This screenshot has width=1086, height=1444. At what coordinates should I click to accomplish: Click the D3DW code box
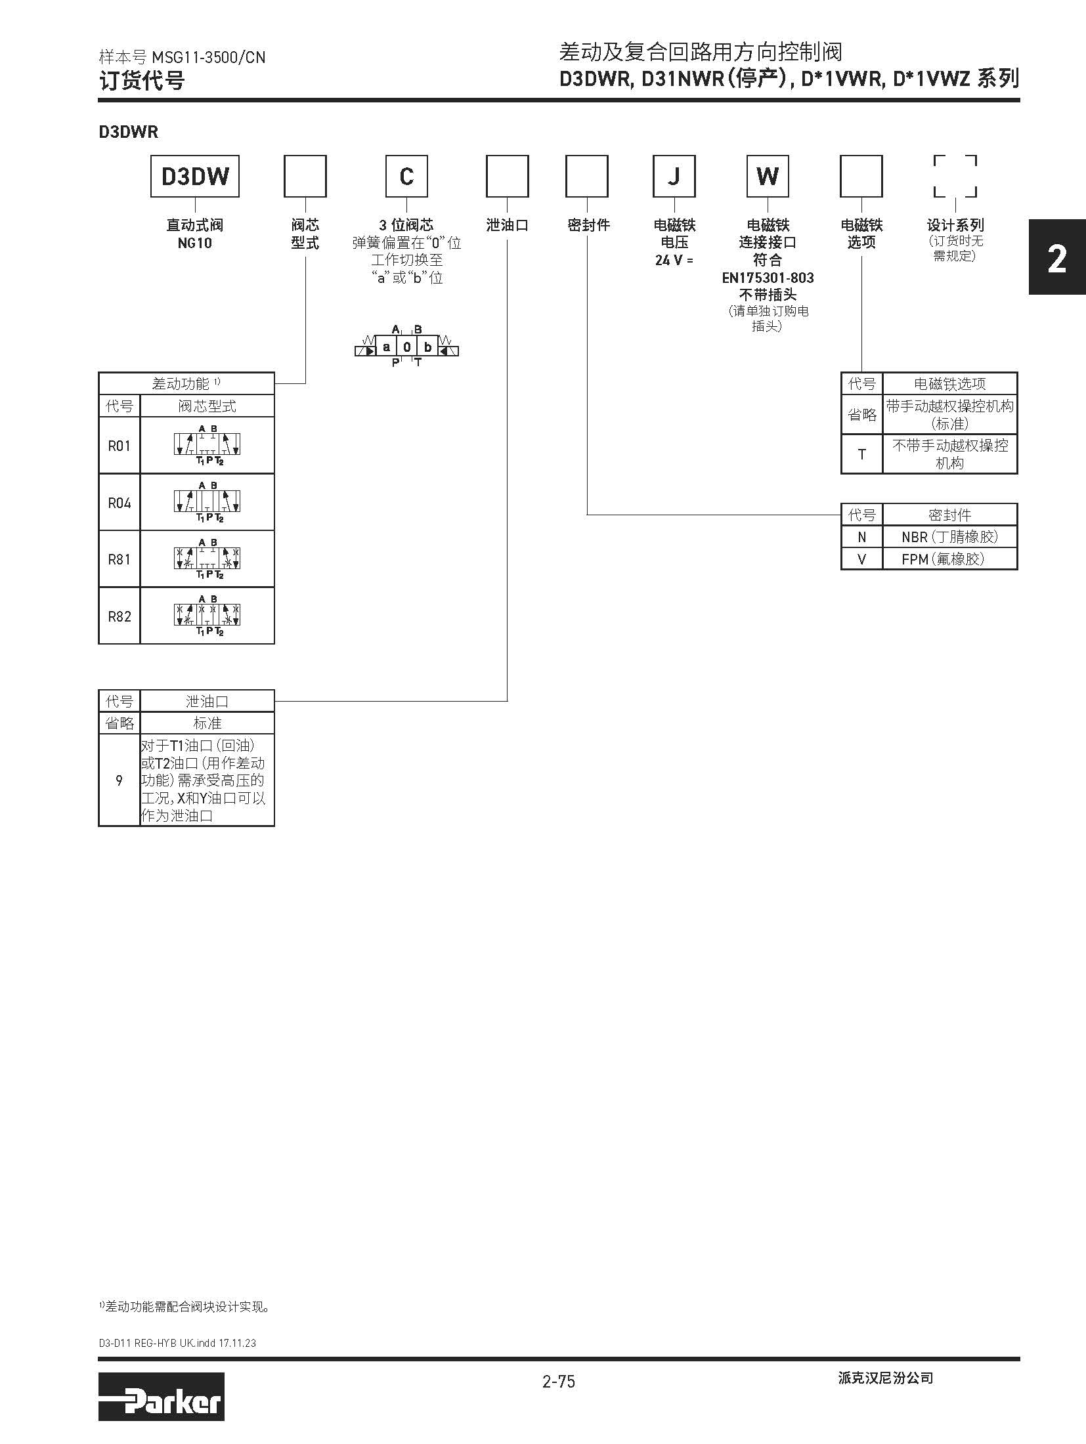195,176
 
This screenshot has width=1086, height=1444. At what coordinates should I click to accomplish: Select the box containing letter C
406,176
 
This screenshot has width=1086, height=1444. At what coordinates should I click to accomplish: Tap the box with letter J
674,176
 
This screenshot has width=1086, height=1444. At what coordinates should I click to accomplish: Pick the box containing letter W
768,176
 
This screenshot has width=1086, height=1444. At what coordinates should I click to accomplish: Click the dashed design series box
955,176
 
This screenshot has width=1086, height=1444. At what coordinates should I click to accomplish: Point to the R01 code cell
119,446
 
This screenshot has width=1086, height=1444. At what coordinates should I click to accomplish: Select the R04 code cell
119,503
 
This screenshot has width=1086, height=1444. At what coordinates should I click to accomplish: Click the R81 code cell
119,559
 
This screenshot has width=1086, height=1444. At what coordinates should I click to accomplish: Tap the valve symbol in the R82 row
207,616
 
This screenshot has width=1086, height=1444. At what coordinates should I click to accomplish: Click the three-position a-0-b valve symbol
406,347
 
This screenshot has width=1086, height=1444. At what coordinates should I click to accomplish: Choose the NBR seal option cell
949,537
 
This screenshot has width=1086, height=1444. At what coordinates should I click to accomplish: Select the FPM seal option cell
949,559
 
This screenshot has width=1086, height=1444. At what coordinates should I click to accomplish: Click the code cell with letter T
861,454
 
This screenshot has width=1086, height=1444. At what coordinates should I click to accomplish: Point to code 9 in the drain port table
119,780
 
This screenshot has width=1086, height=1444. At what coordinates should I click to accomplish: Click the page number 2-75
558,1382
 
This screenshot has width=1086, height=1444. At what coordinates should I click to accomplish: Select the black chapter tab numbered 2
1056,259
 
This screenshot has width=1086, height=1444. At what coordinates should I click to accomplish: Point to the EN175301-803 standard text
768,278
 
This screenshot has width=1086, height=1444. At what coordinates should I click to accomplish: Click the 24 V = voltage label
674,260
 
